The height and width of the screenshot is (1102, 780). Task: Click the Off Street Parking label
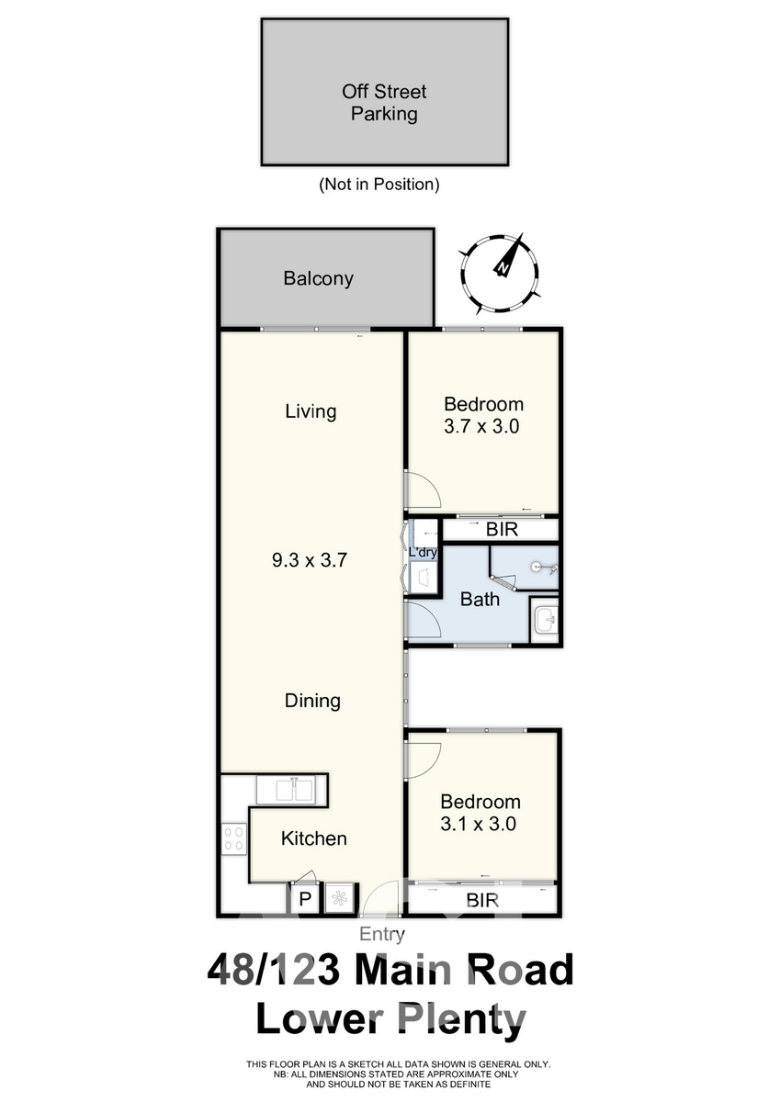(x=384, y=103)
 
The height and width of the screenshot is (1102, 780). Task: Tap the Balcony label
(x=319, y=278)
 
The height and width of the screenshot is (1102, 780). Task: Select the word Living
(x=311, y=411)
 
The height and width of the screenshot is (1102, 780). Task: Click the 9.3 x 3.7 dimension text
(x=310, y=560)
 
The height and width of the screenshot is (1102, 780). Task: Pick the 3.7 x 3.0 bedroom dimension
(x=481, y=426)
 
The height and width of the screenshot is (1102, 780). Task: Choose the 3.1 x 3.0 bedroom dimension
(x=478, y=824)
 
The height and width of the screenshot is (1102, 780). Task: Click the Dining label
(x=312, y=701)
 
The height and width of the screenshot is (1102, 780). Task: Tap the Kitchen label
(x=314, y=838)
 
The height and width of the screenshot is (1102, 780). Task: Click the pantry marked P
(x=305, y=899)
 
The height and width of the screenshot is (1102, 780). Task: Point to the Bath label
(x=480, y=599)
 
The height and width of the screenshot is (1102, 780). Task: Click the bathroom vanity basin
(x=545, y=620)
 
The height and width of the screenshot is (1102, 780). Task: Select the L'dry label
(x=424, y=553)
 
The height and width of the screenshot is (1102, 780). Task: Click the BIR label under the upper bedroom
(x=502, y=529)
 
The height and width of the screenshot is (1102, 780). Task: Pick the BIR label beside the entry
(x=482, y=900)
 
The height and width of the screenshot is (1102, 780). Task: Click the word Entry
(x=382, y=933)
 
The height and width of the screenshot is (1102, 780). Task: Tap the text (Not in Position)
(x=379, y=185)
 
